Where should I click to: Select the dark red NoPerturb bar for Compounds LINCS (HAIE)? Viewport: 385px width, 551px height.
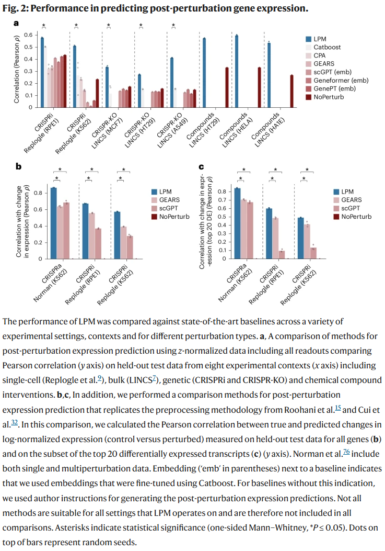click(291, 91)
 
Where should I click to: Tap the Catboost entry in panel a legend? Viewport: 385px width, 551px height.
click(326, 47)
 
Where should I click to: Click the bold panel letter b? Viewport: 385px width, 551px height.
click(18, 167)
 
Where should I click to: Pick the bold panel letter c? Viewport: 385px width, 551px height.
click(202, 167)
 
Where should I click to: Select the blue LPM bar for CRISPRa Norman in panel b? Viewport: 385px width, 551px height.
click(53, 223)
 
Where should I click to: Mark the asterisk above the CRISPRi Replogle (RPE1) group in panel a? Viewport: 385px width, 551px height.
click(44, 26)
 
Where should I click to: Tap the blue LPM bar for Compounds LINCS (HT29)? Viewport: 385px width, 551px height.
click(204, 73)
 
